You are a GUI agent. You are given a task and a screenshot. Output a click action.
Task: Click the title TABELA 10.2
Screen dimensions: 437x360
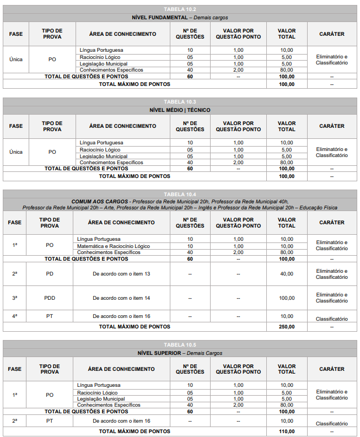[180, 9]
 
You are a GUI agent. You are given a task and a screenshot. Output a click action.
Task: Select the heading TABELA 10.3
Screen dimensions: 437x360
[180, 102]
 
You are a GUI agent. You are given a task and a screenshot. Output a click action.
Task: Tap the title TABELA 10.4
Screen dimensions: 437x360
[180, 194]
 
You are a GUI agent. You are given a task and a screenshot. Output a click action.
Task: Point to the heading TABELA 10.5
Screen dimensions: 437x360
[180, 345]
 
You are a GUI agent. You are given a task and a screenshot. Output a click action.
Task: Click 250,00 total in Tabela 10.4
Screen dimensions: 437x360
[287, 326]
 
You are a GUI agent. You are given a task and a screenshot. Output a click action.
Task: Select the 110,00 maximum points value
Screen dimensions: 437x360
[287, 431]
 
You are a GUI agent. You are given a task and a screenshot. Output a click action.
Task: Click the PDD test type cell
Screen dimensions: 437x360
[50, 298]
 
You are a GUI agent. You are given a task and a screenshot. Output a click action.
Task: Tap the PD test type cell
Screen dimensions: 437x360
[50, 274]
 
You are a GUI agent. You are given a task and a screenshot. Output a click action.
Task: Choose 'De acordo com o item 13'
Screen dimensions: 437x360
[121, 274]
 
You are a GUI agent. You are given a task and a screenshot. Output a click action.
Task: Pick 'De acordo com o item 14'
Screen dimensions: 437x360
[121, 298]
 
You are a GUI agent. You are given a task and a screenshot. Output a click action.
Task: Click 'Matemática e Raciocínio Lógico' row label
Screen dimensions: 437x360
[114, 246]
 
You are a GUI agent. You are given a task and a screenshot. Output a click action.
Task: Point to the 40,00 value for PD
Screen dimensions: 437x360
[287, 274]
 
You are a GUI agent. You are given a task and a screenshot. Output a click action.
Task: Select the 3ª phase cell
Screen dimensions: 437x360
[15, 298]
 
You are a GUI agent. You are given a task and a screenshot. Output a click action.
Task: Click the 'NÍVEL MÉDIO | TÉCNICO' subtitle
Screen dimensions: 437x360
[180, 110]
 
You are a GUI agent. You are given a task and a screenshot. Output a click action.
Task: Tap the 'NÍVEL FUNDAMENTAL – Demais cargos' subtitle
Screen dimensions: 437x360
[180, 18]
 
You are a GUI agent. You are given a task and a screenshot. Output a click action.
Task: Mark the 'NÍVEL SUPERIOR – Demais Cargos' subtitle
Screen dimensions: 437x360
[180, 353]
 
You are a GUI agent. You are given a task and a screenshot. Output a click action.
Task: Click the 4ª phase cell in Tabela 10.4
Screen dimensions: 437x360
[15, 316]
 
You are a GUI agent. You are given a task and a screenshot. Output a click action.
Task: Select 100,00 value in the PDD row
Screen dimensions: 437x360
[287, 298]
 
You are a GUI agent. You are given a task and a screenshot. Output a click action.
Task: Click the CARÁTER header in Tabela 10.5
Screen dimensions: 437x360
[332, 369]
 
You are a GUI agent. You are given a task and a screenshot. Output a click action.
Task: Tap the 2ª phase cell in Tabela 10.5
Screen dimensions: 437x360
[15, 421]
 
